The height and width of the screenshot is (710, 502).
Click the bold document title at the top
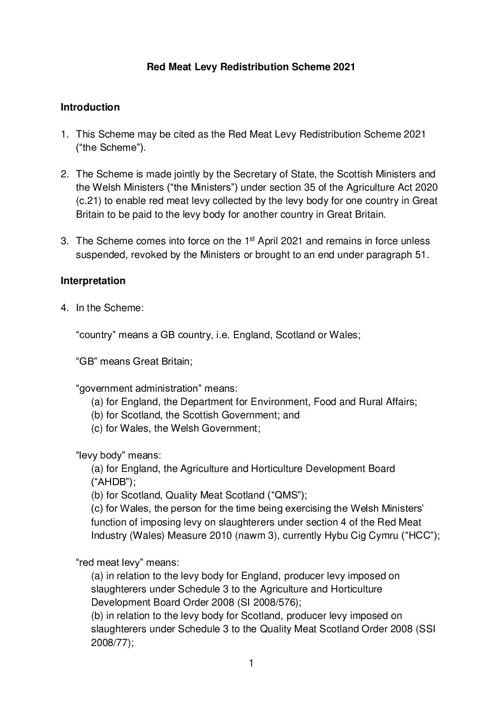point(251,67)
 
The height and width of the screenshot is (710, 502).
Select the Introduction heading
point(90,107)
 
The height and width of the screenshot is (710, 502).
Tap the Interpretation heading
point(93,281)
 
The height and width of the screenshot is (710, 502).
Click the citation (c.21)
point(90,201)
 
